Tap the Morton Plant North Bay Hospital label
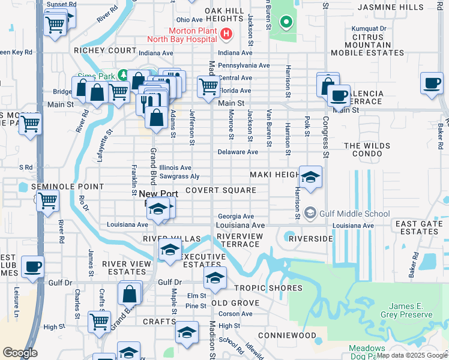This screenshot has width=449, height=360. click(x=183, y=35)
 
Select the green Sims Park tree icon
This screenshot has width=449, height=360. click(x=123, y=74)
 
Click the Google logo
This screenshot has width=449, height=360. click(x=20, y=353)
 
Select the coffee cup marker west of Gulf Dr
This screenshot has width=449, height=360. click(x=32, y=266)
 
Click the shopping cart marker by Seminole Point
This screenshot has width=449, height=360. click(x=47, y=200)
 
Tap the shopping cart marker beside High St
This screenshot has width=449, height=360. click(x=98, y=321)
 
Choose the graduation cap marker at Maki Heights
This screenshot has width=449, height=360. click(x=310, y=177)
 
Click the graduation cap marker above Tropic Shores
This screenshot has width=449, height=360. click(x=214, y=277)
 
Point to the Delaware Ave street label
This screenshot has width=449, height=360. click(x=238, y=152)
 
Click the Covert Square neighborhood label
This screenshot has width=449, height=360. click(x=220, y=190)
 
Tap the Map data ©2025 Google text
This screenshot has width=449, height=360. click(x=412, y=355)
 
